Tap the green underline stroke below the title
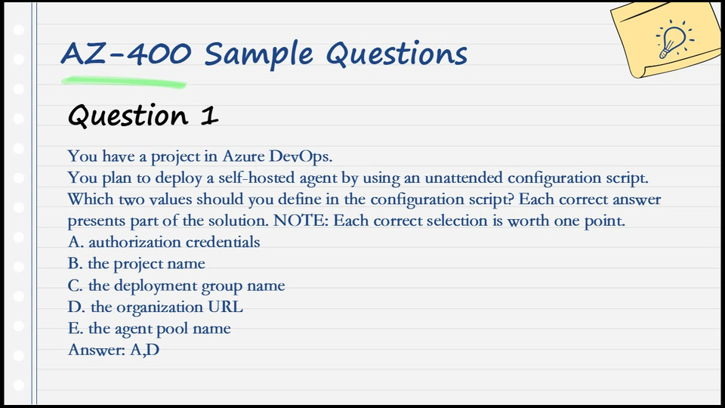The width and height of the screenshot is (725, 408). coord(124,82)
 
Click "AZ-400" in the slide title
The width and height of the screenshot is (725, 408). coord(126,53)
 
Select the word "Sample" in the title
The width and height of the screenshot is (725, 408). coord(259,55)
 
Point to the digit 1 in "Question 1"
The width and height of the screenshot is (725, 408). coord(210,116)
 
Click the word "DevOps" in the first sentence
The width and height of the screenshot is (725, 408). coord(301,157)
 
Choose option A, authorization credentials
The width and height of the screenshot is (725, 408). coord(164,242)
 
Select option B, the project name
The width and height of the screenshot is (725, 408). coord(137,264)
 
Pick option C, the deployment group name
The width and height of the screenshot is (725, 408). coord(176,286)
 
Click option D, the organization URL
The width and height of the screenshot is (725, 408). coord(155,307)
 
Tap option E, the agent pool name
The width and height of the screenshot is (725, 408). coord(149,329)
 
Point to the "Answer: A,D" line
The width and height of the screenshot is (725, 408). coord(114,350)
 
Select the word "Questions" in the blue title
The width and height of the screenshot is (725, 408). coord(396,54)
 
